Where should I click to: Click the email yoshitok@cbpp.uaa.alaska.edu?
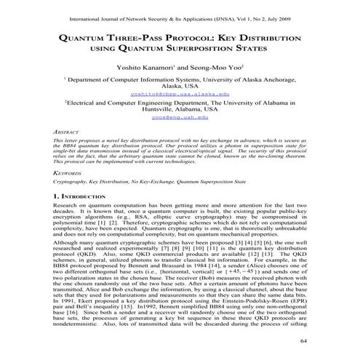click(180, 94)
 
